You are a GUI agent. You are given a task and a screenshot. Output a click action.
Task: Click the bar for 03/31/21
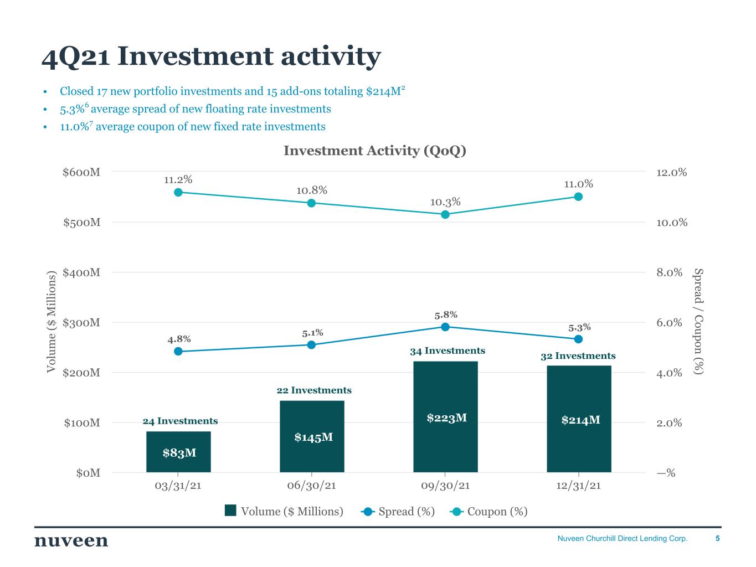tap(178, 451)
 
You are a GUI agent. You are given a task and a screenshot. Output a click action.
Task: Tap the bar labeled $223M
tap(445, 416)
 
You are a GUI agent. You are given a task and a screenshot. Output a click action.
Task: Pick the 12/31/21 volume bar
tap(579, 419)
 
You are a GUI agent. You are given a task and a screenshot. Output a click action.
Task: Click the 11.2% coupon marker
tap(178, 192)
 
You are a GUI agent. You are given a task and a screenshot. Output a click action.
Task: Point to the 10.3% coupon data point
tap(445, 214)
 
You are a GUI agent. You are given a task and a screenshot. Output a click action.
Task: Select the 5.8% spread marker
tap(445, 327)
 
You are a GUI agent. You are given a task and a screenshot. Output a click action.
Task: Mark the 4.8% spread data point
tap(178, 351)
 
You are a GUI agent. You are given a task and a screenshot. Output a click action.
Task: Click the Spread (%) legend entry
tap(398, 511)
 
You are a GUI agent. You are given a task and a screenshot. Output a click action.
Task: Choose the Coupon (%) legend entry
tap(488, 511)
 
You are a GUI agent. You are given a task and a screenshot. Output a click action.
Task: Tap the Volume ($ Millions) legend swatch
tap(230, 511)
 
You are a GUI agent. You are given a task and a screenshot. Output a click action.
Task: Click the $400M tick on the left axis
tap(82, 272)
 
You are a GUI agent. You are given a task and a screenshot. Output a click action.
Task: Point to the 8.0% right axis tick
tap(672, 272)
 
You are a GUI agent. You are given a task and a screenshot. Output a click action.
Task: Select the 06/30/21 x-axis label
tap(312, 486)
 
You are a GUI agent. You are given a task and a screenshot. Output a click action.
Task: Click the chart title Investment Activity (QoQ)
tap(374, 151)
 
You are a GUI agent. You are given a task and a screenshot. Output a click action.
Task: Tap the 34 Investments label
tap(447, 350)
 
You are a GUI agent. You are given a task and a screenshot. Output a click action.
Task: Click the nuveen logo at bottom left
tap(71, 540)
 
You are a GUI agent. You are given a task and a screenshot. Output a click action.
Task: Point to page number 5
tap(718, 538)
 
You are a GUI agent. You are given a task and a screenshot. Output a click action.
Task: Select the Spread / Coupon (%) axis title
tap(698, 321)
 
